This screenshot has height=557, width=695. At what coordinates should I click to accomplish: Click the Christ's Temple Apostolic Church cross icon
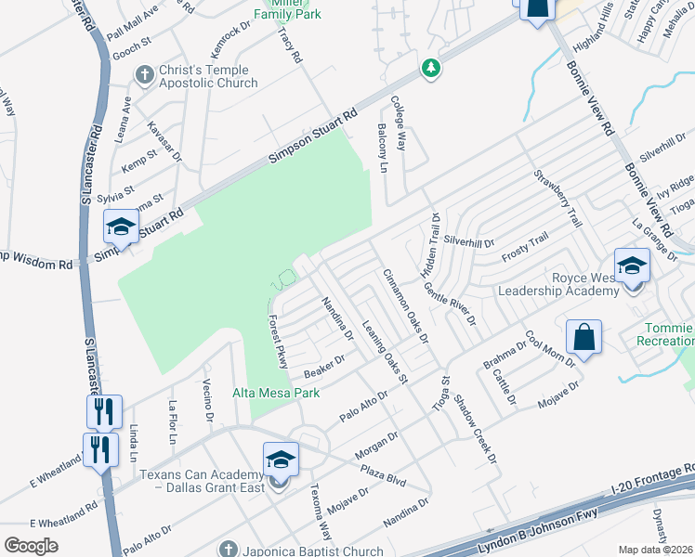click(x=144, y=73)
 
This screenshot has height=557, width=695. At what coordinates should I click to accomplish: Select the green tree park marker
click(x=430, y=68)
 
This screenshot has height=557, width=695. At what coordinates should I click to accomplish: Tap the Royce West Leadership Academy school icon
click(x=632, y=266)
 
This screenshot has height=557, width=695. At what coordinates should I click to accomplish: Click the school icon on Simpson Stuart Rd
click(x=121, y=226)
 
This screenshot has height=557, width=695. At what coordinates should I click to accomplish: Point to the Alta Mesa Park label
click(x=276, y=394)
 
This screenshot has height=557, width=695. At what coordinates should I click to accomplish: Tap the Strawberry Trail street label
click(x=557, y=199)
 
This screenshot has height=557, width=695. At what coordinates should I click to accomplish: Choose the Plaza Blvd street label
click(x=385, y=473)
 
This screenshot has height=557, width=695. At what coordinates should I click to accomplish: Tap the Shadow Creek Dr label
click(x=470, y=423)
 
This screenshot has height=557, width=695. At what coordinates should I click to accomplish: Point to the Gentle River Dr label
click(x=450, y=304)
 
